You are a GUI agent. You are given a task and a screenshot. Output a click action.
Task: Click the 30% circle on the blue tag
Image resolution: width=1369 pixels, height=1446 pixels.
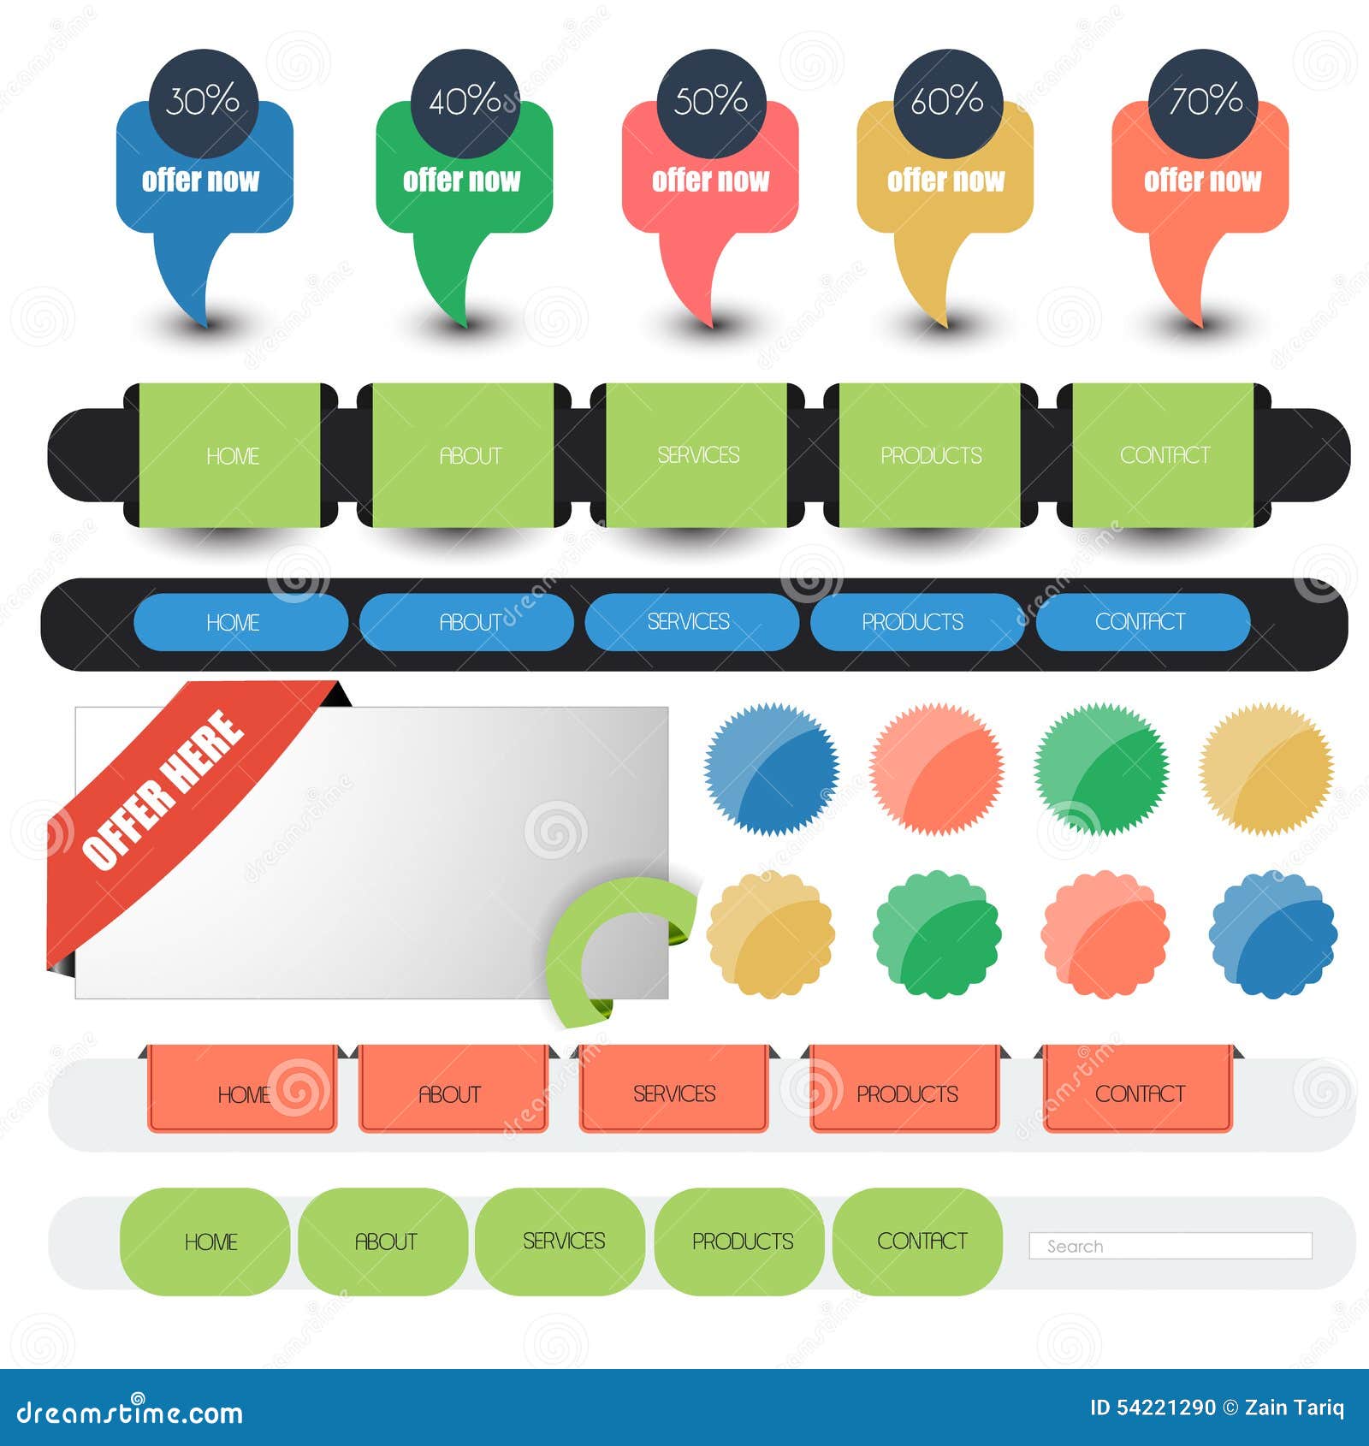click(x=203, y=103)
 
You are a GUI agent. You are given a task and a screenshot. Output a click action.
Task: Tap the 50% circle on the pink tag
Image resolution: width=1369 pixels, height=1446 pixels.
click(x=710, y=103)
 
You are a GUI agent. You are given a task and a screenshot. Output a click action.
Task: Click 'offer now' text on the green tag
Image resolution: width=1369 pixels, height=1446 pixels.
click(x=461, y=181)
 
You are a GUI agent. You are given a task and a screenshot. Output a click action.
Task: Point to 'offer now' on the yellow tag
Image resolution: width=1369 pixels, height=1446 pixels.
click(x=945, y=181)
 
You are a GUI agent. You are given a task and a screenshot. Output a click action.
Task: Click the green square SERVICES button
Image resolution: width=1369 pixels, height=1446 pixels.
click(x=697, y=455)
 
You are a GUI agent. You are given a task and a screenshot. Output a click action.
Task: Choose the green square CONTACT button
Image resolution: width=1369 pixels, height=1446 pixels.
click(x=1164, y=455)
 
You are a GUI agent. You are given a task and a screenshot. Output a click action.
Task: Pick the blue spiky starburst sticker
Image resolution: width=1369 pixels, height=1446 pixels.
click(x=772, y=768)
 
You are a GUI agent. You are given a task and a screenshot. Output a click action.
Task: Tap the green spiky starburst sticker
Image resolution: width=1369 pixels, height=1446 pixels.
click(x=1101, y=768)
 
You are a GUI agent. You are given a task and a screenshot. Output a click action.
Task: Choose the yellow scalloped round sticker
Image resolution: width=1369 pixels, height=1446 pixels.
click(x=771, y=933)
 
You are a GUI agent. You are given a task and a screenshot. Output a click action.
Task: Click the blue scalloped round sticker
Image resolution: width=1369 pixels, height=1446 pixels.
click(x=1273, y=933)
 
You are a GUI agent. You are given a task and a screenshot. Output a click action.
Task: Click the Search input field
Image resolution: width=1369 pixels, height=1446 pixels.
click(x=1170, y=1246)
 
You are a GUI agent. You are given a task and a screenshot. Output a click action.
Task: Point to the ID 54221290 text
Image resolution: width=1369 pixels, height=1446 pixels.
click(x=1153, y=1407)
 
